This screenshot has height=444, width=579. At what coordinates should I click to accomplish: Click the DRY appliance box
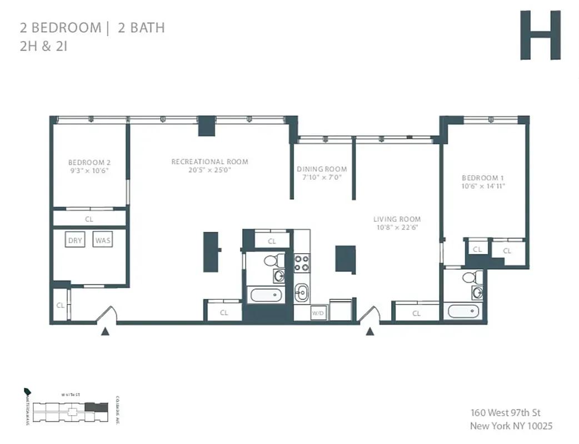pyautogui.click(x=74, y=240)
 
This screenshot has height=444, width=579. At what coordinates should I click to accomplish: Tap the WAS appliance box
pyautogui.click(x=102, y=240)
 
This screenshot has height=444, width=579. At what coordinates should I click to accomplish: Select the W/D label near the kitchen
pyautogui.click(x=317, y=314)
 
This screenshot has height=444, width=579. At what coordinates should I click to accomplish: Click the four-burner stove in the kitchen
pyautogui.click(x=301, y=263)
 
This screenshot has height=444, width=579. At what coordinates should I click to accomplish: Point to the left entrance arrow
pyautogui.click(x=104, y=332)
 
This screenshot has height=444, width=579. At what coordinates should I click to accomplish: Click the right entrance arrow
pyautogui.click(x=369, y=332)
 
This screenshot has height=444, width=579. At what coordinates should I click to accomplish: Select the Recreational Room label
pyautogui.click(x=209, y=162)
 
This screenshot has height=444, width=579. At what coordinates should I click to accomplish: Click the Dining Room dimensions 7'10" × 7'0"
pyautogui.click(x=322, y=178)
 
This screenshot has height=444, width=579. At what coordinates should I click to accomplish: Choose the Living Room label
pyautogui.click(x=397, y=219)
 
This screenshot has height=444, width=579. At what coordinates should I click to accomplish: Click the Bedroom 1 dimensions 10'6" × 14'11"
pyautogui.click(x=483, y=186)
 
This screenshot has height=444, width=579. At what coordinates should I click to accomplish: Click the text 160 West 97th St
pyautogui.click(x=505, y=412)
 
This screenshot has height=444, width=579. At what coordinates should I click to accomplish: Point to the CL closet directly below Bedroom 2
pyautogui.click(x=89, y=219)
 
